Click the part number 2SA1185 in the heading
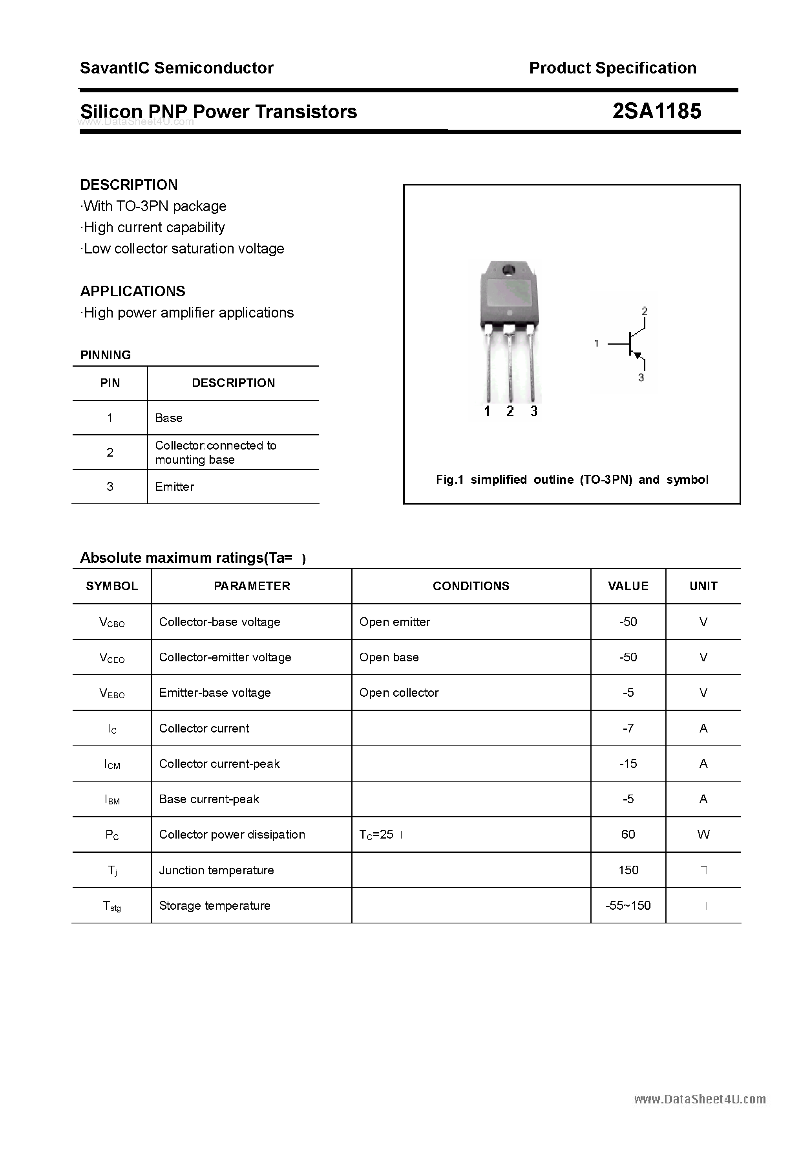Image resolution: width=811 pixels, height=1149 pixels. coord(656,111)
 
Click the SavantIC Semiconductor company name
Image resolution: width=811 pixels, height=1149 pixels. coord(177,68)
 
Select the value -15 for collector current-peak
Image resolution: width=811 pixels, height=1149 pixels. coord(628,764)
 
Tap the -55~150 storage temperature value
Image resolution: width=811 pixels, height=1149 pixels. coord(628,905)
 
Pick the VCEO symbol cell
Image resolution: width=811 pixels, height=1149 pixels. coord(112,657)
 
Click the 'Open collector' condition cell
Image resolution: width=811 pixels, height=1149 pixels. coord(398,693)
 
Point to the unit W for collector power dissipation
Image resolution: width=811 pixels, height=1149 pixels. coord(703,834)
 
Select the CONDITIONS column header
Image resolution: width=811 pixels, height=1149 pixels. coord(471,586)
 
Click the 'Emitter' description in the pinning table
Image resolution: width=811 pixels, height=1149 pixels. coord(175,486)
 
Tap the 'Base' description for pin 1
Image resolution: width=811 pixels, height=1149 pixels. coord(168,418)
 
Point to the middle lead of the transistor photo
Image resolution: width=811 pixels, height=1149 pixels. coord(510,365)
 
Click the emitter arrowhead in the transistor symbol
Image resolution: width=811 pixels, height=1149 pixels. coord(637,355)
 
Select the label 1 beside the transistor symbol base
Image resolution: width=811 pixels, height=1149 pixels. coord(597,343)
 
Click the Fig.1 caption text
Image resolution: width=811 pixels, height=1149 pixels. coord(572,479)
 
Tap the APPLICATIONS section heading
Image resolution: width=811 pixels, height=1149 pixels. coord(133,291)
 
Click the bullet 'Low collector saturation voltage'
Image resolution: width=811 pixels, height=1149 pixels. coord(183,249)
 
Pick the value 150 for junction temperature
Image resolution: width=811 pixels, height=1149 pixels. coord(628,870)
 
